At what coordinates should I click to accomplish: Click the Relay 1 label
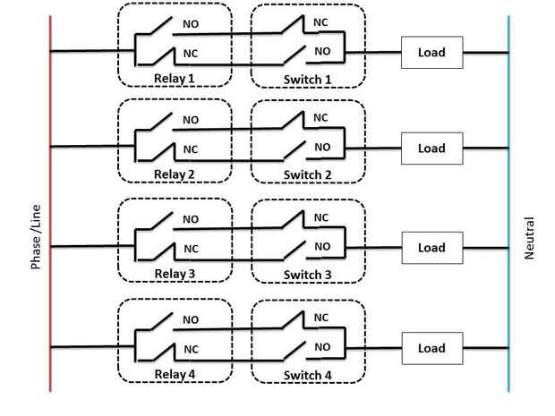(x=174, y=79)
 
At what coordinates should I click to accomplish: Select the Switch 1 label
(x=308, y=79)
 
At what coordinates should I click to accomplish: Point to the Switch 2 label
(x=308, y=174)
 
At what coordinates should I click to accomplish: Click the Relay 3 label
(x=175, y=273)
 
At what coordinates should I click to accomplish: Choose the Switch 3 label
(x=308, y=273)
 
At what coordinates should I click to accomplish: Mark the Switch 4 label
(x=308, y=373)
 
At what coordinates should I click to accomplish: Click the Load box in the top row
(x=431, y=52)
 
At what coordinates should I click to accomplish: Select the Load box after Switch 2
(x=431, y=149)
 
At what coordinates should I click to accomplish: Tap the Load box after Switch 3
(x=431, y=248)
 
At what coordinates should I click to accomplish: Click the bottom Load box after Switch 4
(x=431, y=348)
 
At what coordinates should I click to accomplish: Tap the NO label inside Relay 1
(x=191, y=23)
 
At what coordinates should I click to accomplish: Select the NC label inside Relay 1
(x=191, y=53)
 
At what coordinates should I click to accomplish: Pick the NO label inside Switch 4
(x=322, y=346)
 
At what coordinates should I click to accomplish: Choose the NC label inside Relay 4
(x=191, y=348)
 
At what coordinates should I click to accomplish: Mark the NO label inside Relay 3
(x=191, y=218)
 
